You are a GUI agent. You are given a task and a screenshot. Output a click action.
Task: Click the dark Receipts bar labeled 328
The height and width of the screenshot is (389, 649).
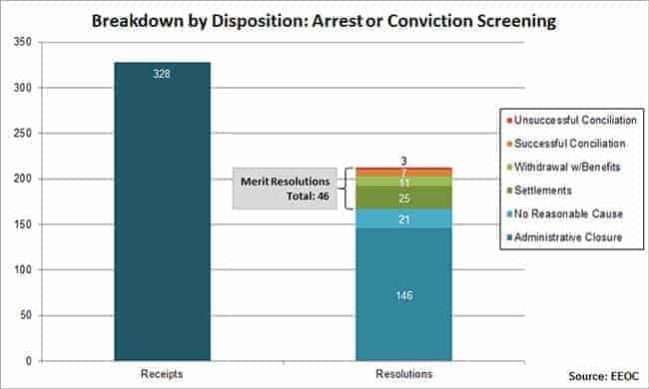(162, 209)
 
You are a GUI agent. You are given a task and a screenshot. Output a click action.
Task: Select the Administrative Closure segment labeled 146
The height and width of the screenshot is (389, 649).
(403, 293)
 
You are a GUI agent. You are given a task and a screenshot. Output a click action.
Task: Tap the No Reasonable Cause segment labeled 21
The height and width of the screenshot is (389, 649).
(403, 217)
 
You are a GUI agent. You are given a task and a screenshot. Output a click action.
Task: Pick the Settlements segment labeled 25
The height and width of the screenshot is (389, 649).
(403, 198)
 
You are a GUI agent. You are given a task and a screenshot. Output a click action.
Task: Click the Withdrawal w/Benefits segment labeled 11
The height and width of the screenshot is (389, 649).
(403, 183)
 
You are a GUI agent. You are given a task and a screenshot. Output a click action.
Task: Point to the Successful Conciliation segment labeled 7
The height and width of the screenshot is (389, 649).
(403, 174)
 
